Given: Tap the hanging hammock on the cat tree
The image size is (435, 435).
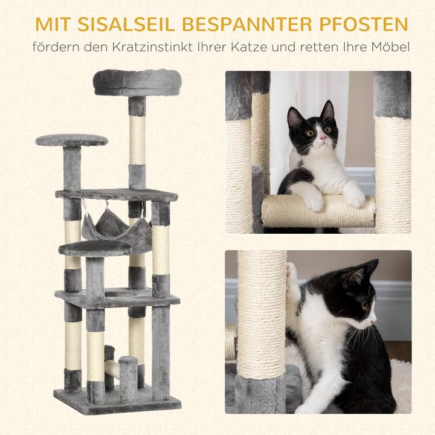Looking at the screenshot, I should (116, 230).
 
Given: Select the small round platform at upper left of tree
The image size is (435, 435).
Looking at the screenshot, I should (71, 140).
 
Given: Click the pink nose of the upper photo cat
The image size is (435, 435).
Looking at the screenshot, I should (323, 138).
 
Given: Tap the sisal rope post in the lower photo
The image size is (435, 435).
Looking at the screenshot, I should (262, 314).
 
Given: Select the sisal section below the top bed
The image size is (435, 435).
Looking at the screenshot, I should (137, 139).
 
